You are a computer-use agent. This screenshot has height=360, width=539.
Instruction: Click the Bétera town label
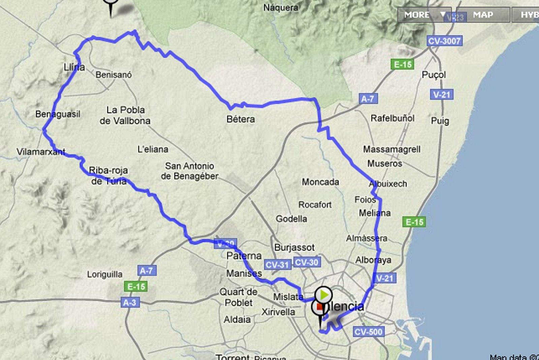241,119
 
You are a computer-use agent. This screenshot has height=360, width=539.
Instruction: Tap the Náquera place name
281,7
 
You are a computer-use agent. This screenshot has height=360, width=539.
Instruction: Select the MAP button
483,15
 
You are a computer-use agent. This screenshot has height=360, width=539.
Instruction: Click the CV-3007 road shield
444,41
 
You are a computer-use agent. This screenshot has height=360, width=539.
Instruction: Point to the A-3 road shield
130,302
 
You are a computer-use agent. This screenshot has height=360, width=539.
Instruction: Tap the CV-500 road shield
368,332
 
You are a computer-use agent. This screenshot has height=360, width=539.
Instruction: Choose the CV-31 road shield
277,265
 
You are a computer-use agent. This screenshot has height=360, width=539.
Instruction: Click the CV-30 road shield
307,262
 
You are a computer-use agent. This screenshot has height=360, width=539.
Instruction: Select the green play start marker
324,295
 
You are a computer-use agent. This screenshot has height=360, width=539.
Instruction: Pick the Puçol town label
434,75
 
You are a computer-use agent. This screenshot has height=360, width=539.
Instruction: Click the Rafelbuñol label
392,118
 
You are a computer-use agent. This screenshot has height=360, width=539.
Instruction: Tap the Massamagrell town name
391,149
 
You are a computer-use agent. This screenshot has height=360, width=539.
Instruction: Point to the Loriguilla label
105,274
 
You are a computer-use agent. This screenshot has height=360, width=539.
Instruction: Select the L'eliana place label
153,149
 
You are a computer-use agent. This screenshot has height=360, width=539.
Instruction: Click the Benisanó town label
114,75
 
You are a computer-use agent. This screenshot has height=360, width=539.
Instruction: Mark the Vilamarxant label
41,152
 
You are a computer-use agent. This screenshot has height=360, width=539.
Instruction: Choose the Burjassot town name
294,248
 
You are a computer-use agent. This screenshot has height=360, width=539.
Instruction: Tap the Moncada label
320,182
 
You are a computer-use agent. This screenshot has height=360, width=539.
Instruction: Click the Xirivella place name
278,312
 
